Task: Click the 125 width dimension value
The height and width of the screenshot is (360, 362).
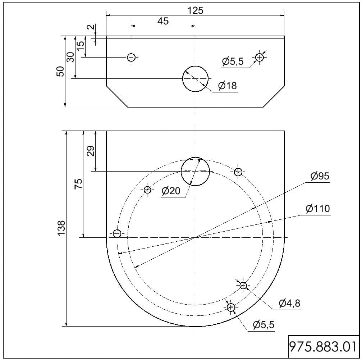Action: (195, 10)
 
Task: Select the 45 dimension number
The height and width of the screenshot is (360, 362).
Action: (163, 21)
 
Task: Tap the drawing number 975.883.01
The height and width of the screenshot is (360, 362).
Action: (323, 347)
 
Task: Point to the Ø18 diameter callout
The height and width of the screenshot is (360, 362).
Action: (228, 86)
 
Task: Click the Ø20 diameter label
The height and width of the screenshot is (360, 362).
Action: (171, 191)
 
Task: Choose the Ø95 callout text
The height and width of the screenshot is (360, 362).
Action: (320, 176)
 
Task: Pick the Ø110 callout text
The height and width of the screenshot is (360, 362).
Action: (318, 209)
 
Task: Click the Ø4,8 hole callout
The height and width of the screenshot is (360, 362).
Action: (289, 303)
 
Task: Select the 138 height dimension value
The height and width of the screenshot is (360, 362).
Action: (61, 228)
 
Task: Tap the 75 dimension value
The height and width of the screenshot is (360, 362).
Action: (78, 183)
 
